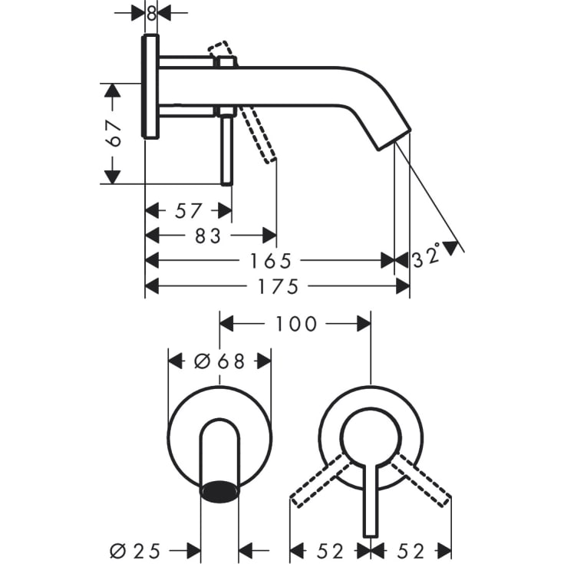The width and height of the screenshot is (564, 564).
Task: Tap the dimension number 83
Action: click(207, 236)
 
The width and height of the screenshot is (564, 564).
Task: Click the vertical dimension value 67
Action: click(114, 134)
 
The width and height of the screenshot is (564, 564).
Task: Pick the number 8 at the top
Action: click(151, 13)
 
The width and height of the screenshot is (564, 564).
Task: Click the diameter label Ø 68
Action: click(219, 361)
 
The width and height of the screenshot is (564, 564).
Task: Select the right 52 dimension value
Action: click(412, 549)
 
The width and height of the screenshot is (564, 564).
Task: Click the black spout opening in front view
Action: click(219, 489)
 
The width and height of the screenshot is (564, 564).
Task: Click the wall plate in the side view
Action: click(151, 86)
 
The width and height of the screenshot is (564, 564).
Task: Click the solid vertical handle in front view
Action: click(371, 499)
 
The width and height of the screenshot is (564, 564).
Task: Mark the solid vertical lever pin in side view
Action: click(226, 150)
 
